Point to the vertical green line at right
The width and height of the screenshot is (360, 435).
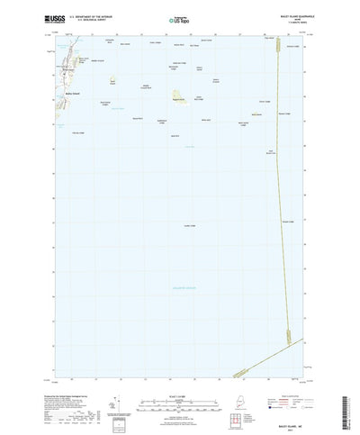click(285, 180)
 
